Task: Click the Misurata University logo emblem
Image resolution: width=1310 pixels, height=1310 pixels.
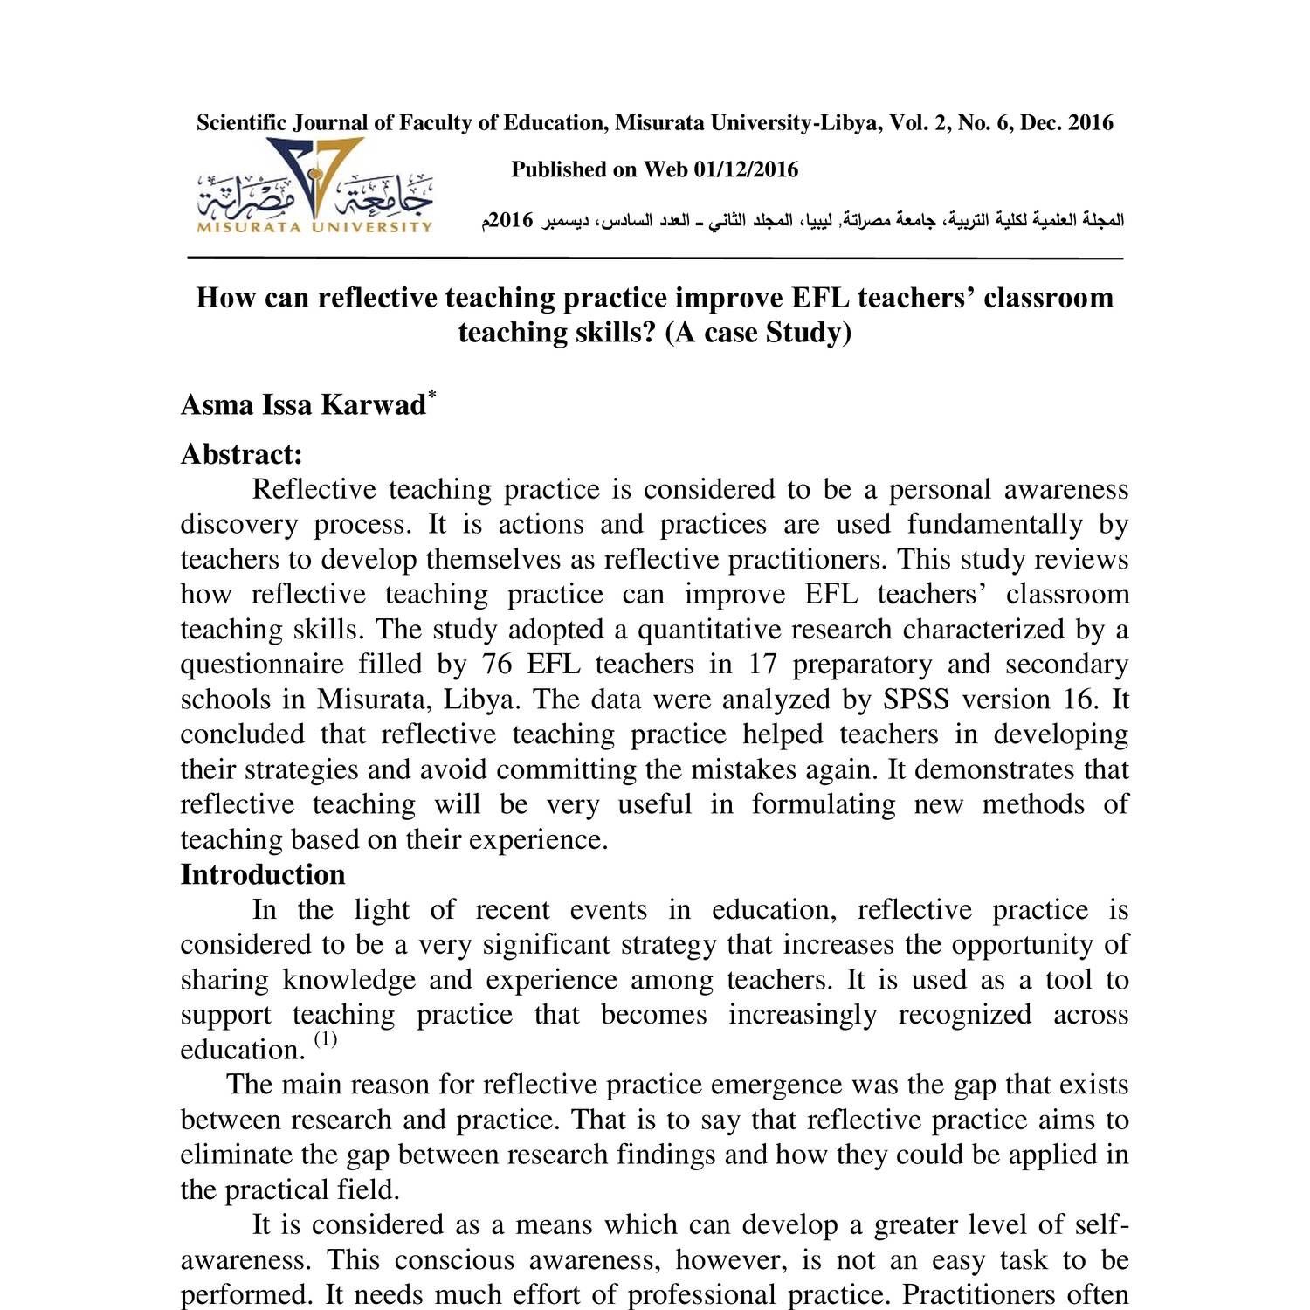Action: (314, 179)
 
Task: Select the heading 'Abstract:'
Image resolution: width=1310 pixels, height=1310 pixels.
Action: (241, 454)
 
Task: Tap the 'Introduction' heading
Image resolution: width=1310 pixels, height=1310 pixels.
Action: (262, 874)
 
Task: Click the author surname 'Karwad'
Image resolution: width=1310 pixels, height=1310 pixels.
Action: (373, 405)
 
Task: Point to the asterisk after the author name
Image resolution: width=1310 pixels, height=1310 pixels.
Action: (431, 395)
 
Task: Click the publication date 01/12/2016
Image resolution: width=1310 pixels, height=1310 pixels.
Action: (746, 169)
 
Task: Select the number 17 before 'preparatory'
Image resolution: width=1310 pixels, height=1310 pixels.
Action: (762, 665)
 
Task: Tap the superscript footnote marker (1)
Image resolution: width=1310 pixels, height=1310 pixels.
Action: (325, 1039)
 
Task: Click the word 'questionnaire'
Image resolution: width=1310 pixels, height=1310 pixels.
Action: (261, 665)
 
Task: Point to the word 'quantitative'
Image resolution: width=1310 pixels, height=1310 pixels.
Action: (716, 630)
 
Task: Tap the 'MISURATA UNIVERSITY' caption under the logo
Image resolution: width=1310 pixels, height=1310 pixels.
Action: (314, 228)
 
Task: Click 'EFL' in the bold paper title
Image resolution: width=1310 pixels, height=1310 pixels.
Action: (820, 298)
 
